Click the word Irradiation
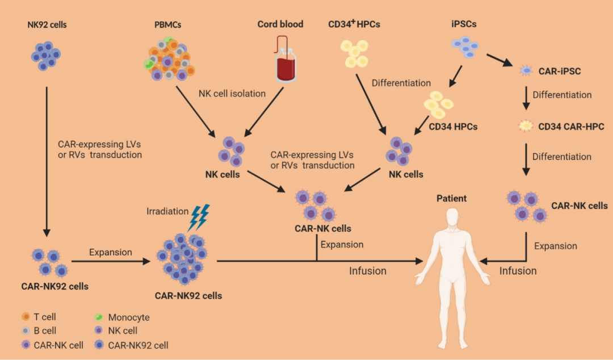[167, 211]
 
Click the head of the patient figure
[452, 217]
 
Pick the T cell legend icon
[26, 317]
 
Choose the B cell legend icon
[26, 330]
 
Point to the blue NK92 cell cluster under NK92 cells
[45, 55]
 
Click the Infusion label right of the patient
[518, 271]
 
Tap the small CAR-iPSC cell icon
[527, 72]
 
